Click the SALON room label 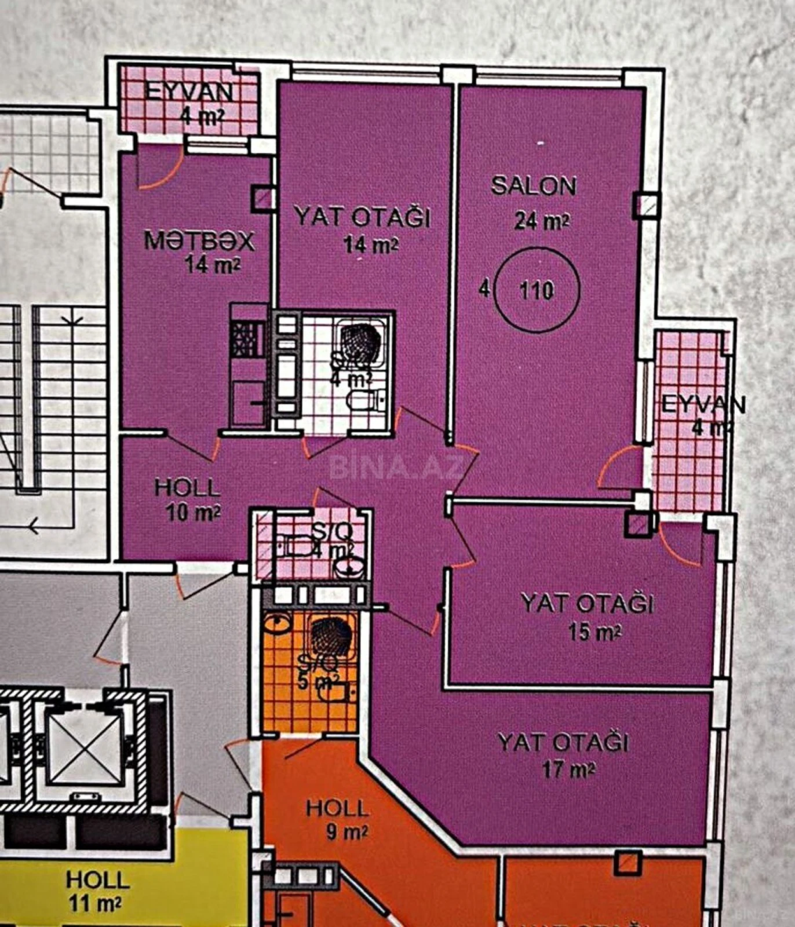534,186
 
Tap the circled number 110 537,290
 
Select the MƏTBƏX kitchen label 199,240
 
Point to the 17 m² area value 568,770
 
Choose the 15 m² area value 595,632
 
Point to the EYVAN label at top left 188,92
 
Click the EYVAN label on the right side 703,404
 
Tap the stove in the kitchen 247,339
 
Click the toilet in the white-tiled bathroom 363,400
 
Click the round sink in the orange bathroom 278,625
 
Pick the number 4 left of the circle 484,289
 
